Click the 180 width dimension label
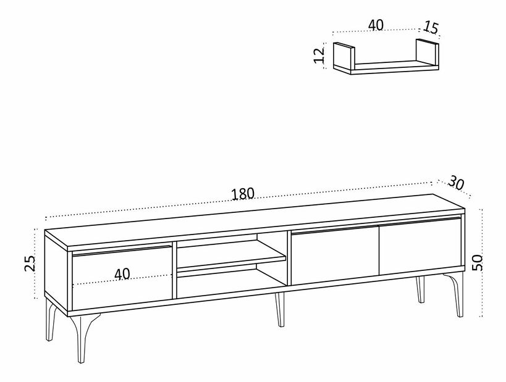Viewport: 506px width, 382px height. (243, 194)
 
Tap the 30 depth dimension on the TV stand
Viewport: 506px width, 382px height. (456, 183)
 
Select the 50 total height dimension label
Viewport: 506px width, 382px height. (478, 262)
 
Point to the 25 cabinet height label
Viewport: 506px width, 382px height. (31, 263)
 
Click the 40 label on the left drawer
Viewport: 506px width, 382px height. (122, 273)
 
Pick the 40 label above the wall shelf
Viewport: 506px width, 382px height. (376, 25)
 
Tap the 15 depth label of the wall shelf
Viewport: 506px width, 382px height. (431, 27)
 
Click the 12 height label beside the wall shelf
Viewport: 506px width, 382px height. (319, 56)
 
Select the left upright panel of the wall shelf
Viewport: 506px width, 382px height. (344, 56)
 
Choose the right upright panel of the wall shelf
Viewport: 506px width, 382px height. (428, 52)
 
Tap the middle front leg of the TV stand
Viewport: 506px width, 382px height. (280, 309)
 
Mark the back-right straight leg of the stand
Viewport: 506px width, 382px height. (420, 289)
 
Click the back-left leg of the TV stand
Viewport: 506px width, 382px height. (51, 319)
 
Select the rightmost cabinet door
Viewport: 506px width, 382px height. (420, 246)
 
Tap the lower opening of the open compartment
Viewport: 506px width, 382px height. (230, 281)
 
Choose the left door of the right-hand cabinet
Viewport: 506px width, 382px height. (335, 255)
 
